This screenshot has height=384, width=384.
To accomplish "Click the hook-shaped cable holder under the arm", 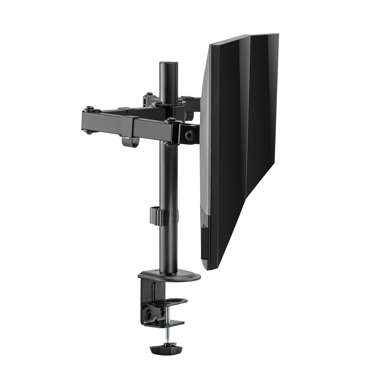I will click(130, 142).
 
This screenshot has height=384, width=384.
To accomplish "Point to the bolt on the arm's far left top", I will click(90, 109).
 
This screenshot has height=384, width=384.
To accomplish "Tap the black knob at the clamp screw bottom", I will click(165, 348).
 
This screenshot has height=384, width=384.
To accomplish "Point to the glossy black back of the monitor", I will click(250, 120).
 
